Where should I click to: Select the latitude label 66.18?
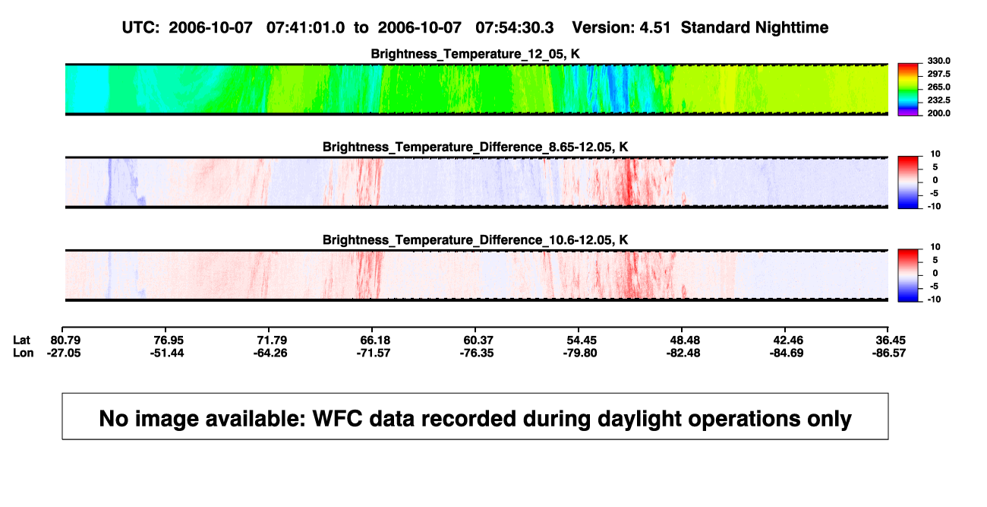pyautogui.click(x=375, y=341)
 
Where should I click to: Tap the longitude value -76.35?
pyautogui.click(x=477, y=353)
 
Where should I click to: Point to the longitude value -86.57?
pyautogui.click(x=889, y=353)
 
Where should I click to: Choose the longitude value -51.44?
pyautogui.click(x=167, y=353)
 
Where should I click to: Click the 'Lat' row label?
pyautogui.click(x=21, y=341)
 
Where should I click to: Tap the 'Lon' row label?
pyautogui.click(x=24, y=353)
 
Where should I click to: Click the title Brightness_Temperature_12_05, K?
pyautogui.click(x=475, y=54)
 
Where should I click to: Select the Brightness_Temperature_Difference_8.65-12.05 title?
pyautogui.click(x=475, y=147)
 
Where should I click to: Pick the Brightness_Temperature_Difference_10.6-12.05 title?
pyautogui.click(x=475, y=240)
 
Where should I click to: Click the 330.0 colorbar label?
pyautogui.click(x=938, y=61)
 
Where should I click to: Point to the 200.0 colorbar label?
pyautogui.click(x=938, y=113)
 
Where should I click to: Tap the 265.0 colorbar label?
pyautogui.click(x=938, y=87)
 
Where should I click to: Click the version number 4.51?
pyautogui.click(x=655, y=27)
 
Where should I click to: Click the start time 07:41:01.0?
pyautogui.click(x=305, y=27)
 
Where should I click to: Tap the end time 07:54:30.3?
pyautogui.click(x=515, y=27)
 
